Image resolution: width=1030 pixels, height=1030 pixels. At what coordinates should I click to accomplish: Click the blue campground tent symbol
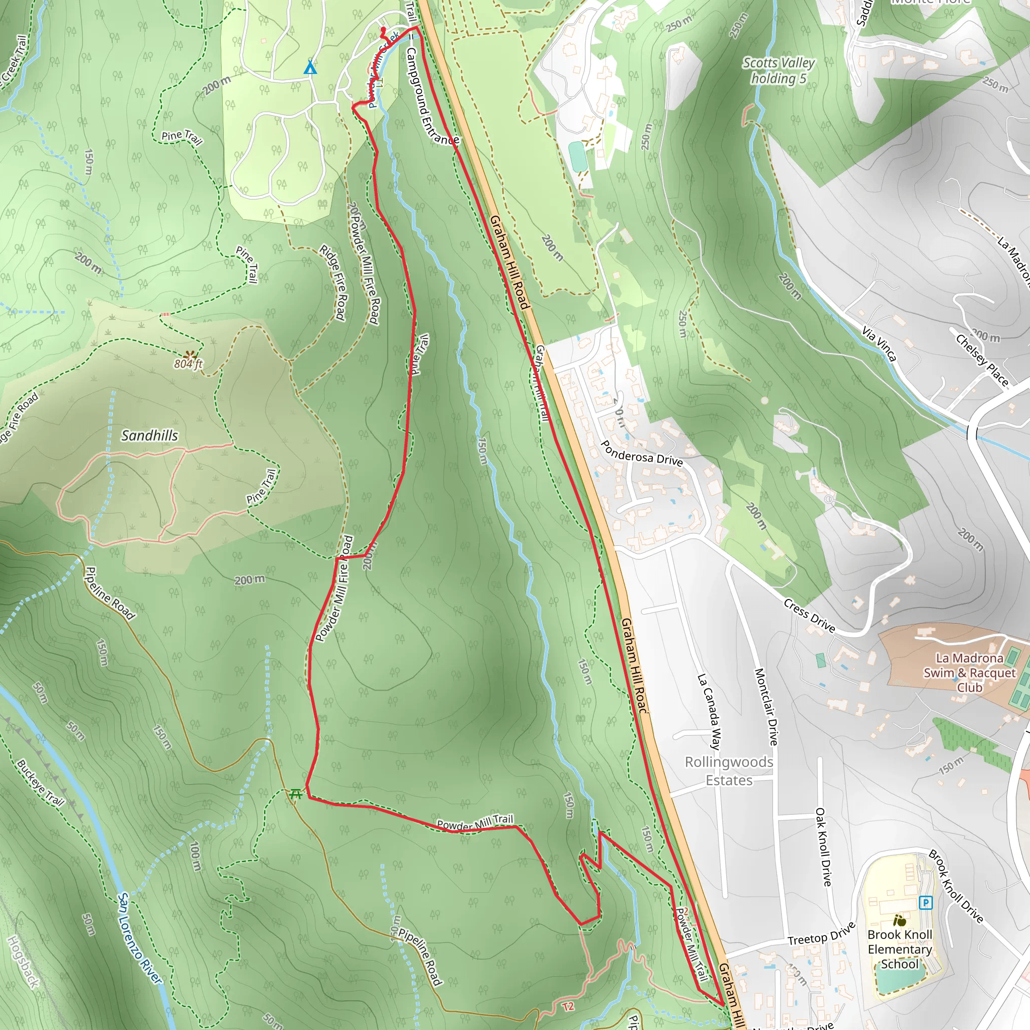tap(310, 68)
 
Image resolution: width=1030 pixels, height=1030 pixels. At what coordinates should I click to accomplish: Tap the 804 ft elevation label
tap(188, 364)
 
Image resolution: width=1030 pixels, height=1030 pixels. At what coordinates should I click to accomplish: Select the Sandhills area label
tap(149, 436)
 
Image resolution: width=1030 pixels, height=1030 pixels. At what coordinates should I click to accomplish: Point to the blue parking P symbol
tap(925, 903)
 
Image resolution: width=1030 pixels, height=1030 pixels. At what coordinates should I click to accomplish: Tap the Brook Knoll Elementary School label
tap(899, 949)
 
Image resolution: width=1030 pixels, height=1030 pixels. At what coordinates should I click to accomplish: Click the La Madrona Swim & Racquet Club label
tap(970, 673)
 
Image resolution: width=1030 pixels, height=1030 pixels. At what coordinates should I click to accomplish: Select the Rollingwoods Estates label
tap(729, 771)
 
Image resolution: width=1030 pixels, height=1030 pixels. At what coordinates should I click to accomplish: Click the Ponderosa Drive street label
tap(641, 454)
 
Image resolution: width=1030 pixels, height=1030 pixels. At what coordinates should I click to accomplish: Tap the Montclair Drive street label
tap(766, 707)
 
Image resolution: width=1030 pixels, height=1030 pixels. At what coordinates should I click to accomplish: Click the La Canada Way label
tap(710, 711)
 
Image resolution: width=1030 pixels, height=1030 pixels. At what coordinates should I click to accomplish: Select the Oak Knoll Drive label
tap(824, 846)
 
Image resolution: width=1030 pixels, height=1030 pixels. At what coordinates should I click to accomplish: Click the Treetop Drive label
tap(821, 934)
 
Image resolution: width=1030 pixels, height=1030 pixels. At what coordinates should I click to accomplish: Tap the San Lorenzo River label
tap(139, 939)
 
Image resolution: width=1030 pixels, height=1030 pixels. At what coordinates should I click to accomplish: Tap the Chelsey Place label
tap(982, 360)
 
